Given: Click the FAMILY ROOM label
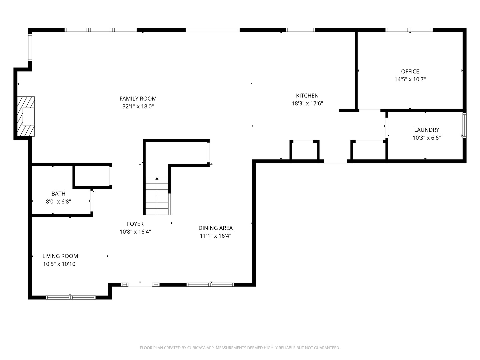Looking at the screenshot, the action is [x=138, y=99].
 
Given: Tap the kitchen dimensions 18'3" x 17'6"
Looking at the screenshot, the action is [x=307, y=103].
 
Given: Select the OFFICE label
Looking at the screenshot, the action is [x=410, y=71].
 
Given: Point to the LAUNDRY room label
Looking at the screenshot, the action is [x=427, y=130].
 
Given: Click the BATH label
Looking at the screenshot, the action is [x=58, y=194].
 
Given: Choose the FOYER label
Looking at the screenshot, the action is [x=135, y=224].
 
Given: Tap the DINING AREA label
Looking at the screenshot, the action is [x=215, y=228].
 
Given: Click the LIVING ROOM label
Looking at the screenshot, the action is [x=60, y=256].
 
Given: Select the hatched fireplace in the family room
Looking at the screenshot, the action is [x=26, y=117].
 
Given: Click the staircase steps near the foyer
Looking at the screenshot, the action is [x=157, y=196].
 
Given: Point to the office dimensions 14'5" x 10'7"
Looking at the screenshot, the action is [x=410, y=79].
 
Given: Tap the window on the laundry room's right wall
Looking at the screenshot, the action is [x=464, y=125].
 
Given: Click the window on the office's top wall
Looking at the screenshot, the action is [x=409, y=30].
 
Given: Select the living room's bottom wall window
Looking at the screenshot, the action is [x=71, y=297].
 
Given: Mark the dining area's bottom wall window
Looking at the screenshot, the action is [x=210, y=285].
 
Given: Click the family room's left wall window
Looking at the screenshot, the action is [x=30, y=47].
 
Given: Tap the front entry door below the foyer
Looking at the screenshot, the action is [x=140, y=285].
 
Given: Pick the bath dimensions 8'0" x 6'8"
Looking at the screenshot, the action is [x=58, y=202].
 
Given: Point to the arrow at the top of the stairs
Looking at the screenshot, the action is [x=157, y=179].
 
